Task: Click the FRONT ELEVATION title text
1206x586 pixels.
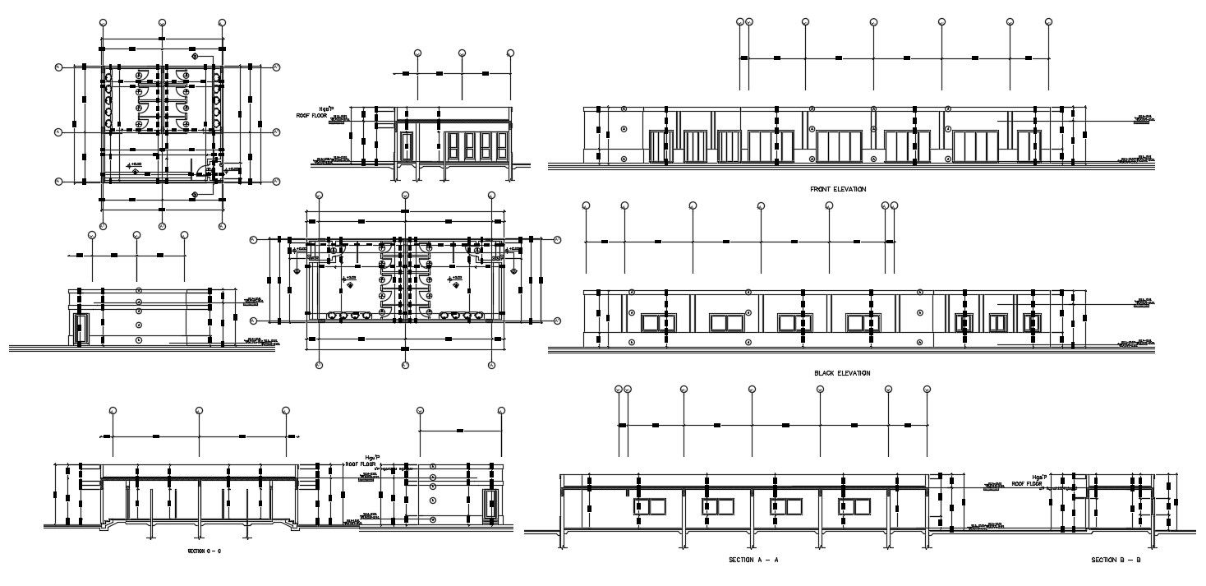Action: pos(838,189)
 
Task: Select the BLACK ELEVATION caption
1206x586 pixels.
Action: pos(842,373)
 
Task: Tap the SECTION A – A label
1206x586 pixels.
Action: pos(753,560)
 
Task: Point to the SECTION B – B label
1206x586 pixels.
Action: pos(1116,560)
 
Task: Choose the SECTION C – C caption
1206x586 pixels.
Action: pos(204,551)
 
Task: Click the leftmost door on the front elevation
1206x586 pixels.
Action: pos(657,147)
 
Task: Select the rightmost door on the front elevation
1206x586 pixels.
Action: pos(1027,147)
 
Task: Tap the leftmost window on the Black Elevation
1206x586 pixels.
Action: pos(654,321)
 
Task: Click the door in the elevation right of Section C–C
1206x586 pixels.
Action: pos(492,502)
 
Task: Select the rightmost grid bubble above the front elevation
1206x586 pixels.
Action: pos(1049,22)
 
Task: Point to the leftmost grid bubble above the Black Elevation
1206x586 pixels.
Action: pos(585,205)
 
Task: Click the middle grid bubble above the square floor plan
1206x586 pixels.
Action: pos(163,22)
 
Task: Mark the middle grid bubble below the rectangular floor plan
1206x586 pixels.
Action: pos(405,364)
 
